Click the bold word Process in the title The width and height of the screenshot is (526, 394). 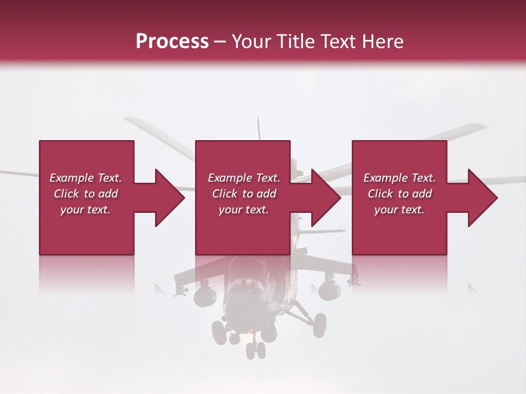pyautogui.click(x=172, y=41)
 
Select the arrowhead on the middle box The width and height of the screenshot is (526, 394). pyautogui.click(x=325, y=198)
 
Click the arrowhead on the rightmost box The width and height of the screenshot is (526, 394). pyautogui.click(x=482, y=198)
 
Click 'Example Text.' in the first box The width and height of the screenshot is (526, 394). pyautogui.click(x=85, y=178)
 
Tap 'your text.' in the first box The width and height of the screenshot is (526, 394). pyautogui.click(x=85, y=210)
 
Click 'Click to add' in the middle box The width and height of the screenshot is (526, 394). pyautogui.click(x=244, y=194)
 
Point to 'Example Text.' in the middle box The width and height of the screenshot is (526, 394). pyautogui.click(x=244, y=178)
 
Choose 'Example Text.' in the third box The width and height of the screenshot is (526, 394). pyautogui.click(x=399, y=178)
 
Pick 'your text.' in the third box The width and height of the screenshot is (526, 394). pyautogui.click(x=399, y=210)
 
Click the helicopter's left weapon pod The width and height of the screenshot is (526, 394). pyautogui.click(x=205, y=296)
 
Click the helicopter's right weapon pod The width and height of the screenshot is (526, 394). pyautogui.click(x=330, y=288)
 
